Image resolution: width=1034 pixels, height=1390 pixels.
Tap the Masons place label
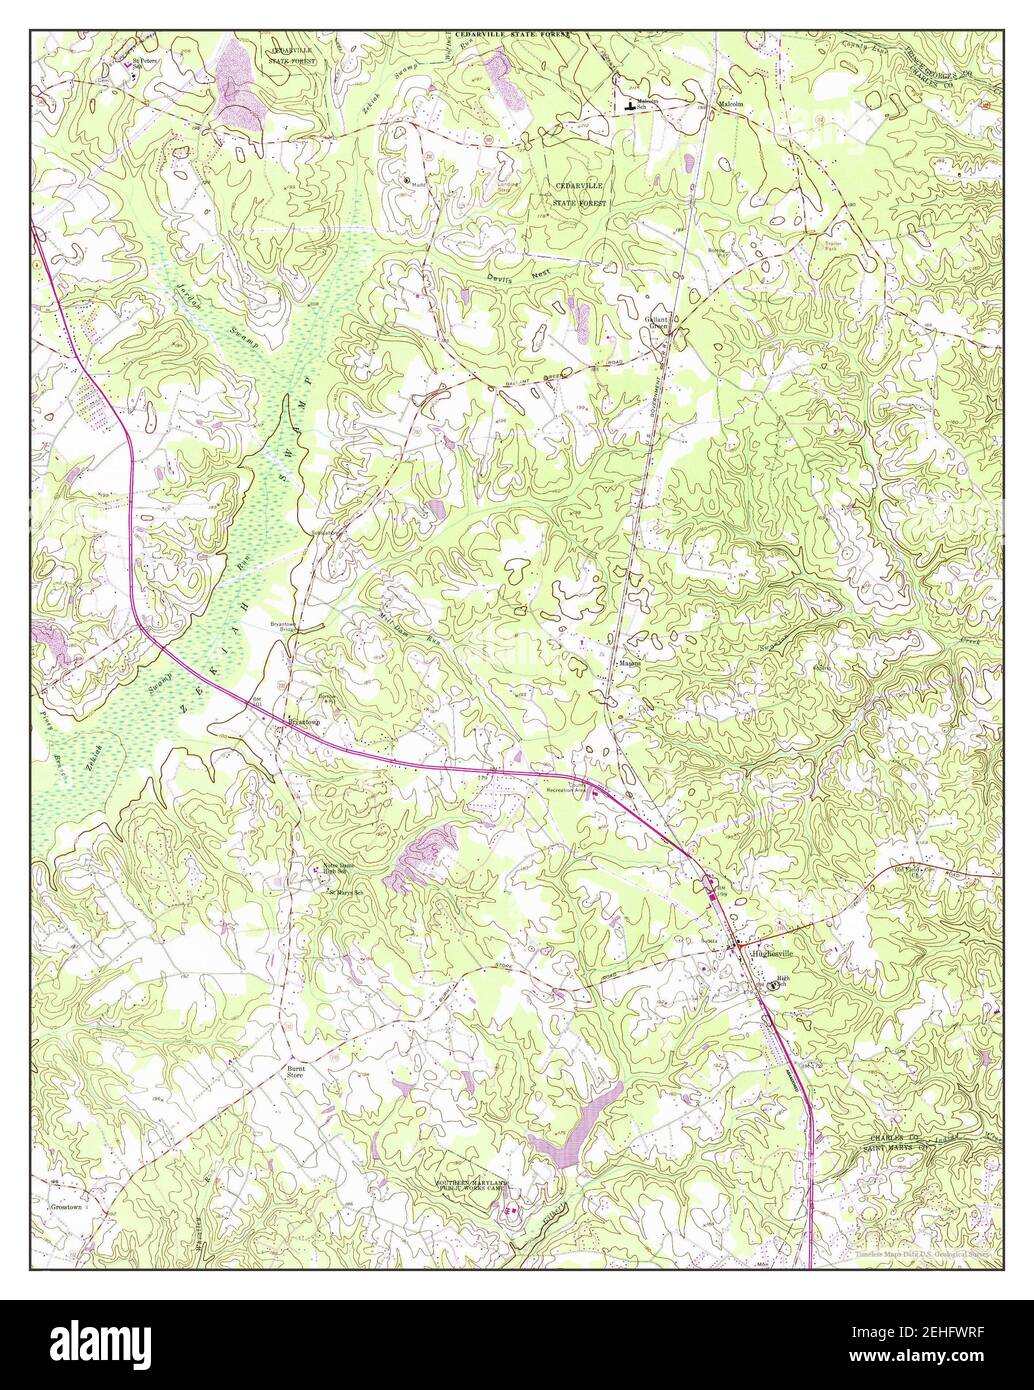(x=628, y=662)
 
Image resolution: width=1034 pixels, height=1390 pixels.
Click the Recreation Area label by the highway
(x=565, y=790)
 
